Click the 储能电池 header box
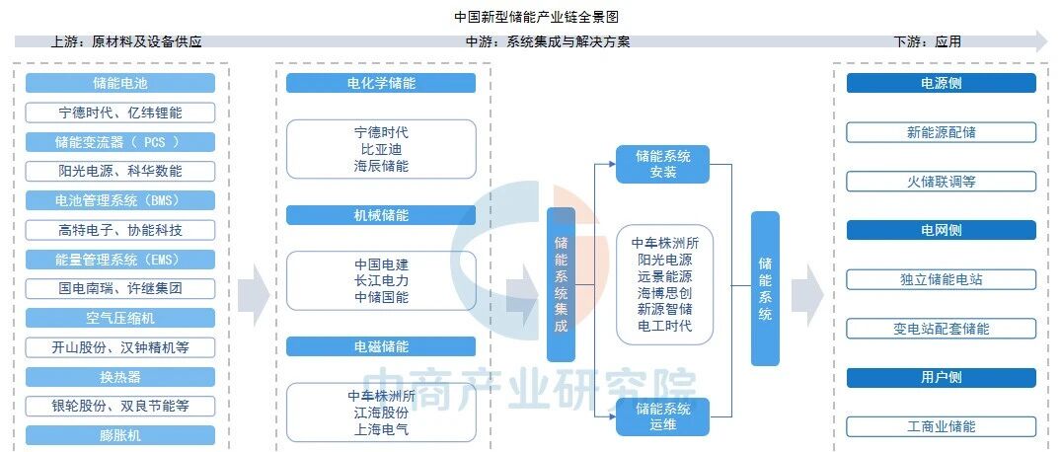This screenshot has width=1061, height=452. pos(120,84)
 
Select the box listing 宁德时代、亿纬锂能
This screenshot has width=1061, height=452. pos(120,113)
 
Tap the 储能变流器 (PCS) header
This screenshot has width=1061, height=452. pos(120,142)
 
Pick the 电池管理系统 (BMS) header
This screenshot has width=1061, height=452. pos(120,200)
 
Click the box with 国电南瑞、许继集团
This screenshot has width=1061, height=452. pos(120,289)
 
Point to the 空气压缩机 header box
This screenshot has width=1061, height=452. pos(120,318)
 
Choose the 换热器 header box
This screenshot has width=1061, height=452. pos(120,377)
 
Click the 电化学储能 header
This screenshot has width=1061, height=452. pos(381,84)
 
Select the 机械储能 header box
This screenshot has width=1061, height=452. pos(381,215)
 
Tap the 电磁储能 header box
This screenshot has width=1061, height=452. pos(381,347)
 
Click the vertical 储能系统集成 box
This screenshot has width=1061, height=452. pos(561,284)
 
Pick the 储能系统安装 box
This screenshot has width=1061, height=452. pos(663,164)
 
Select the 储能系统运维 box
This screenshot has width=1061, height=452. pos(663,415)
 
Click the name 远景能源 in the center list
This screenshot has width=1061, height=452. pos(664,276)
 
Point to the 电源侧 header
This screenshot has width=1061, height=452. pos(941,84)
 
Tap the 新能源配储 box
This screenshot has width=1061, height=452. pos(941,132)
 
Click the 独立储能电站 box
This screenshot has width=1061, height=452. pos(941,279)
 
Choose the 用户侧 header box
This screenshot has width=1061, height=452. pos(941,378)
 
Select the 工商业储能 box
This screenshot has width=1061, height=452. pos(941,426)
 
